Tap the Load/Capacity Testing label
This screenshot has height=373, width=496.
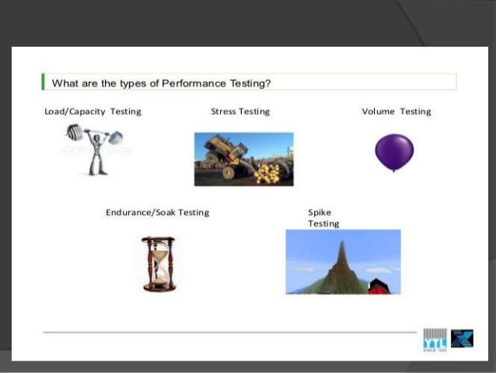(x=93, y=111)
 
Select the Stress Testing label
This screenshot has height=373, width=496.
(x=240, y=111)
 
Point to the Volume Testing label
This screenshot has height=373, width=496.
(x=396, y=111)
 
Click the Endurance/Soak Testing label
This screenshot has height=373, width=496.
(x=157, y=212)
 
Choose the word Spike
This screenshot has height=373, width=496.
(x=320, y=212)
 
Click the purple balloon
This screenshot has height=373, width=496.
(x=394, y=151)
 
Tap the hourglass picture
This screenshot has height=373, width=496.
(x=159, y=264)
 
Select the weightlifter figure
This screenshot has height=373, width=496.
(x=96, y=148)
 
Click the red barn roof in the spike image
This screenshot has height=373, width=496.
(x=379, y=283)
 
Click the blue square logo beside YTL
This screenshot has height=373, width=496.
(x=462, y=339)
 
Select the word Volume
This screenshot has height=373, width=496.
(x=379, y=111)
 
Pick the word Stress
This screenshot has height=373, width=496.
(x=224, y=111)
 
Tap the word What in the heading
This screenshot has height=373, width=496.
(x=64, y=83)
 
